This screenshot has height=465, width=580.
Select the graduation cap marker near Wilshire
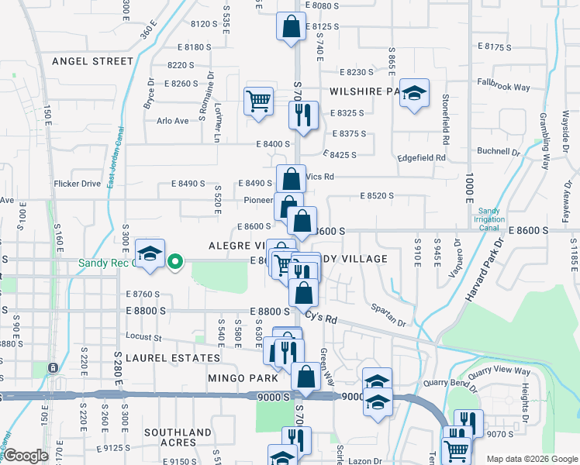pos(414,94)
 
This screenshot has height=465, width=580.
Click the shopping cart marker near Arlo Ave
pos(258,101)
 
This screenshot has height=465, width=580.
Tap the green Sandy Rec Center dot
pos(176,262)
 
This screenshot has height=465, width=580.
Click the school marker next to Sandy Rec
pos(150,253)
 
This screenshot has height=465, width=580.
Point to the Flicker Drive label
pos(78,184)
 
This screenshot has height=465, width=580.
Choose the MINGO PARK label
pos(238,378)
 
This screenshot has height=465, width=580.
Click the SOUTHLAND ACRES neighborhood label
pos(178,437)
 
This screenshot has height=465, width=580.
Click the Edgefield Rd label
pos(421,157)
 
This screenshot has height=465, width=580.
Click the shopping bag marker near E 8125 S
pos(289,26)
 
